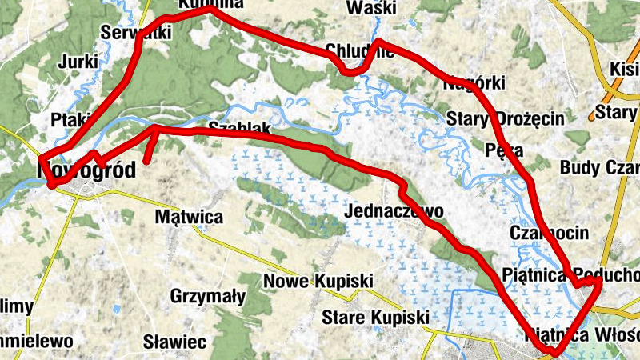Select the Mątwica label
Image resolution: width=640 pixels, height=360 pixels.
[x=189, y=216]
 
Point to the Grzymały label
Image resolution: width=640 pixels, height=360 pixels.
[x=208, y=296]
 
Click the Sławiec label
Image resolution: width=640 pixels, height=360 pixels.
[x=174, y=342]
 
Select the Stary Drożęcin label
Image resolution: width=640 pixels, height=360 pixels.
[x=506, y=119]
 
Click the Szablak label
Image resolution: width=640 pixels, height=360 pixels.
[x=234, y=129]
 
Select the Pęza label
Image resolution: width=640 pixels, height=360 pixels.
[x=504, y=150]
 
